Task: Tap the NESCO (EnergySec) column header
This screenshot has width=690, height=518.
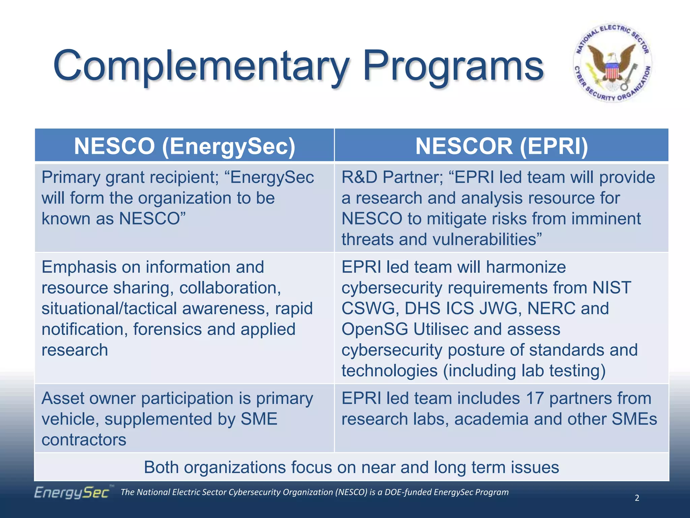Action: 184,146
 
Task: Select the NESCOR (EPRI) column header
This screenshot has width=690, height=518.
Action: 501,146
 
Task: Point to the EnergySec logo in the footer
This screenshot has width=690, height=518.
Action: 72,492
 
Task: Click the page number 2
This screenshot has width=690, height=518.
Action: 637,498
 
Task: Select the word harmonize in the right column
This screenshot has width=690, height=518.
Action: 526,267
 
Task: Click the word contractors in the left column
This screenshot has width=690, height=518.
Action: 84,440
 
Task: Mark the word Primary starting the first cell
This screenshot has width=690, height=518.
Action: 71,177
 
